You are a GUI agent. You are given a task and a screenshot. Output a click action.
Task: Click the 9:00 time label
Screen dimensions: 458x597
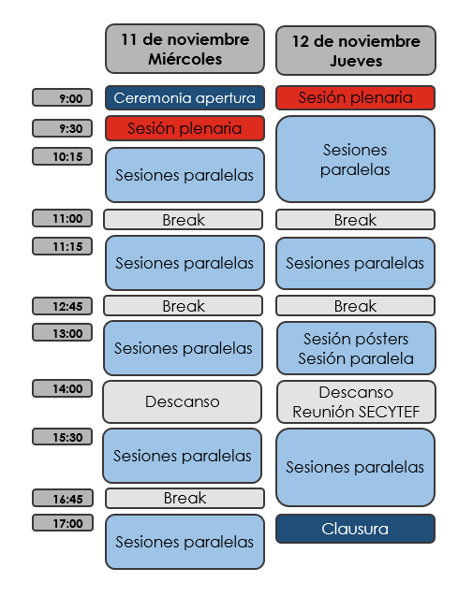tap(63, 97)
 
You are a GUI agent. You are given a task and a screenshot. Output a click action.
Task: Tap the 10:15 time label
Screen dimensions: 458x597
tap(63, 156)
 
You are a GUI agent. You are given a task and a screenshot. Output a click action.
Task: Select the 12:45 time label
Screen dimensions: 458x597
tap(63, 306)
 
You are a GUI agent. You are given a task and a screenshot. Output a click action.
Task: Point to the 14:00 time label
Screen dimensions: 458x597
tap(63, 388)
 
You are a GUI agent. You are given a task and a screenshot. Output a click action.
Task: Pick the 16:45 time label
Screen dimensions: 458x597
tap(63, 498)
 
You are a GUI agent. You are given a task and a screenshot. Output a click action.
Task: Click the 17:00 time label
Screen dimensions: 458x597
tap(63, 523)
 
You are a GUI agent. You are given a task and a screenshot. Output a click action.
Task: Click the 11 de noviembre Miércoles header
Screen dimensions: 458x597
tap(185, 49)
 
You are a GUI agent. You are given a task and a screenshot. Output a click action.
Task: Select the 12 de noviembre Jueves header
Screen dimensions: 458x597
tap(356, 51)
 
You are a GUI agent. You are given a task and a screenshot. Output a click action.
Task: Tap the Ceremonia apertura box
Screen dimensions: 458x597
tap(185, 98)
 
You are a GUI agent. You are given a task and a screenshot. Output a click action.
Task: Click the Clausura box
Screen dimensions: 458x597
tap(355, 529)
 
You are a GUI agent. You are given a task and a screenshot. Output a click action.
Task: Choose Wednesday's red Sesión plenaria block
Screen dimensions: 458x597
tap(185, 128)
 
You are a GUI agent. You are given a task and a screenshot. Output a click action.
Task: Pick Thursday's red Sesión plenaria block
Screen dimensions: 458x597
tap(355, 98)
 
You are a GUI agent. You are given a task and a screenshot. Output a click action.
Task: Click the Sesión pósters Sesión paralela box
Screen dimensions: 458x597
tap(356, 348)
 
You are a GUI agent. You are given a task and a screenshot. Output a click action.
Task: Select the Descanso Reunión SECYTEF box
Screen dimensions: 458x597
tap(356, 402)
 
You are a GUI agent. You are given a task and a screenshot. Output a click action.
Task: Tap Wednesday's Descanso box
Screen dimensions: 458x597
tap(182, 401)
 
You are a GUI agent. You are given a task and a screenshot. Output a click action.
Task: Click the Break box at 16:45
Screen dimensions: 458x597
tap(185, 498)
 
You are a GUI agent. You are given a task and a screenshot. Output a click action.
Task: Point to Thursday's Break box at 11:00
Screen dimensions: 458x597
tap(355, 220)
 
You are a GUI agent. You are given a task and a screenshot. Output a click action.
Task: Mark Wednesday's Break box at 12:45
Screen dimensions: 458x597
tap(183, 306)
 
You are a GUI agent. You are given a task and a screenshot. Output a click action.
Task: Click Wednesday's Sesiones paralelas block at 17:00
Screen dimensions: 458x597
tap(185, 542)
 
